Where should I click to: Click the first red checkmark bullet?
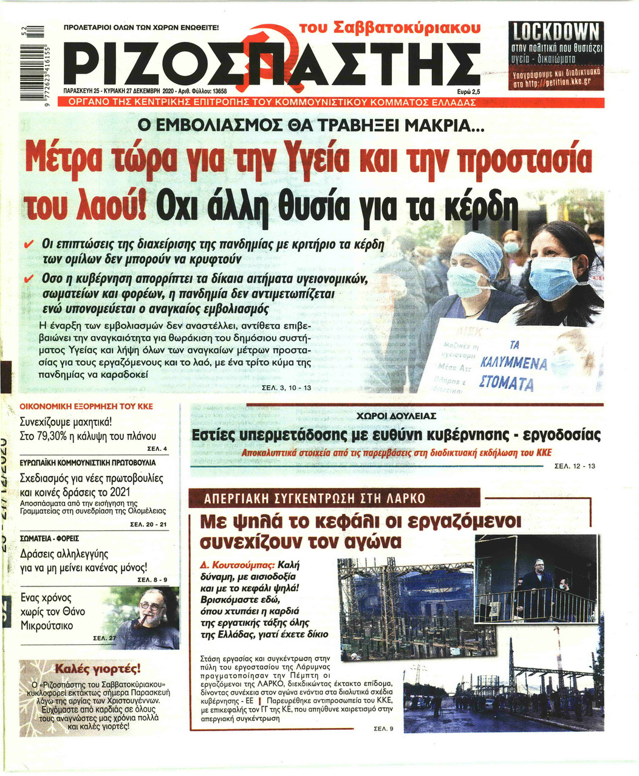point(28,244)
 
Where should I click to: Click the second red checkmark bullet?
point(28,279)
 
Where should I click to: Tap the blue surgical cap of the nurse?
point(477,249)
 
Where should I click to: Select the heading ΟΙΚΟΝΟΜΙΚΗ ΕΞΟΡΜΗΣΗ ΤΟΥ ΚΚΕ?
point(86,407)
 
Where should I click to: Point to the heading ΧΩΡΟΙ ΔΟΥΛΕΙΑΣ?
point(395,416)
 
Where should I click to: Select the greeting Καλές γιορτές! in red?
point(98,669)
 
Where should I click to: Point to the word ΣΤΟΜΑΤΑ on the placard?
point(506,384)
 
